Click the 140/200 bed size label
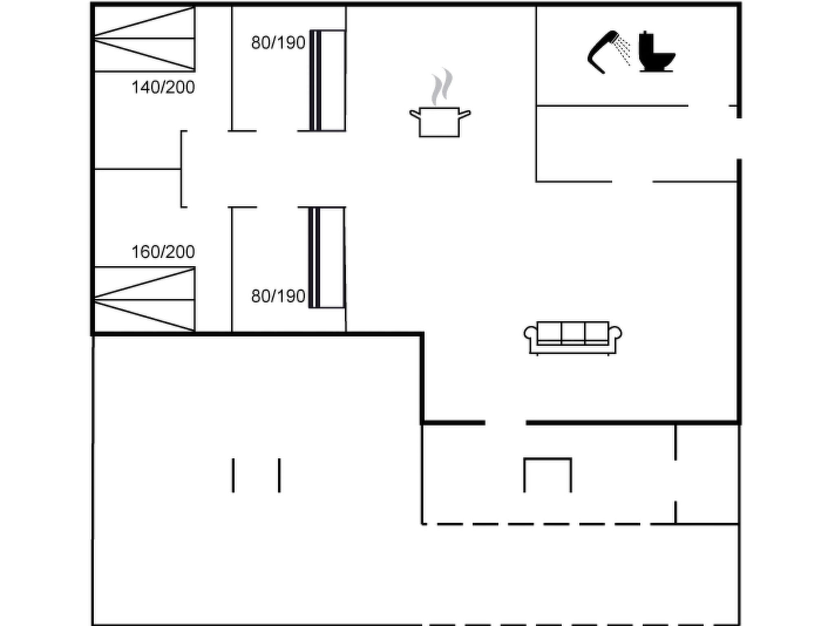pyautogui.click(x=163, y=88)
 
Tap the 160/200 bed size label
pyautogui.click(x=163, y=252)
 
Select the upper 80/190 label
pyautogui.click(x=278, y=43)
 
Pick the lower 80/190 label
pyautogui.click(x=278, y=296)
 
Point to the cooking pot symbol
pyautogui.click(x=440, y=121)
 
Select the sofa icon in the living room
pyautogui.click(x=573, y=338)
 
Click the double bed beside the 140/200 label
pyautogui.click(x=144, y=39)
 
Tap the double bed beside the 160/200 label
pyautogui.click(x=144, y=300)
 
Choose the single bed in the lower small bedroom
pyautogui.click(x=327, y=258)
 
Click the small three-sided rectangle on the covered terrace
pyautogui.click(x=548, y=459)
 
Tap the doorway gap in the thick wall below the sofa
pyautogui.click(x=506, y=423)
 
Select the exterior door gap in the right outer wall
pyautogui.click(x=739, y=139)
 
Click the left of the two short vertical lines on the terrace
pyautogui.click(x=233, y=475)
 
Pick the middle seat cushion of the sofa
pyautogui.click(x=573, y=333)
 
